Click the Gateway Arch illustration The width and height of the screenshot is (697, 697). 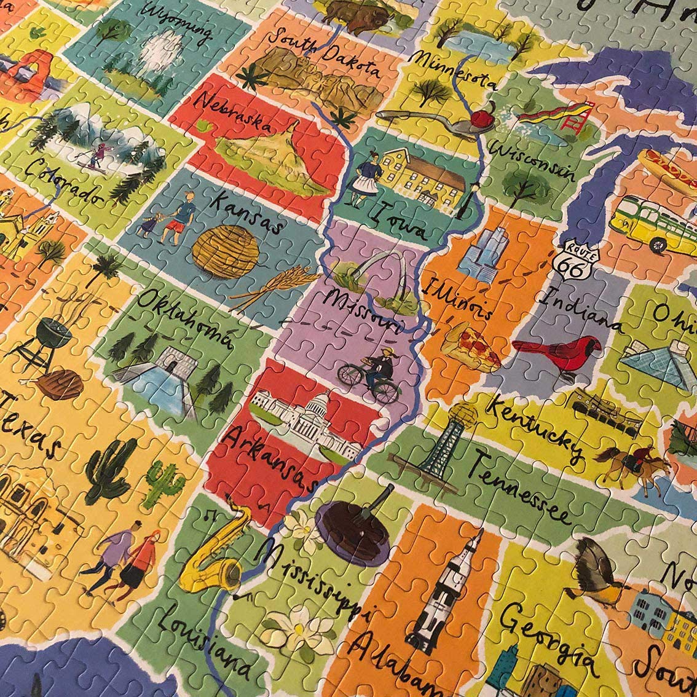380,277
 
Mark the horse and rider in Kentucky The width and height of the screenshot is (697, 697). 633,461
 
